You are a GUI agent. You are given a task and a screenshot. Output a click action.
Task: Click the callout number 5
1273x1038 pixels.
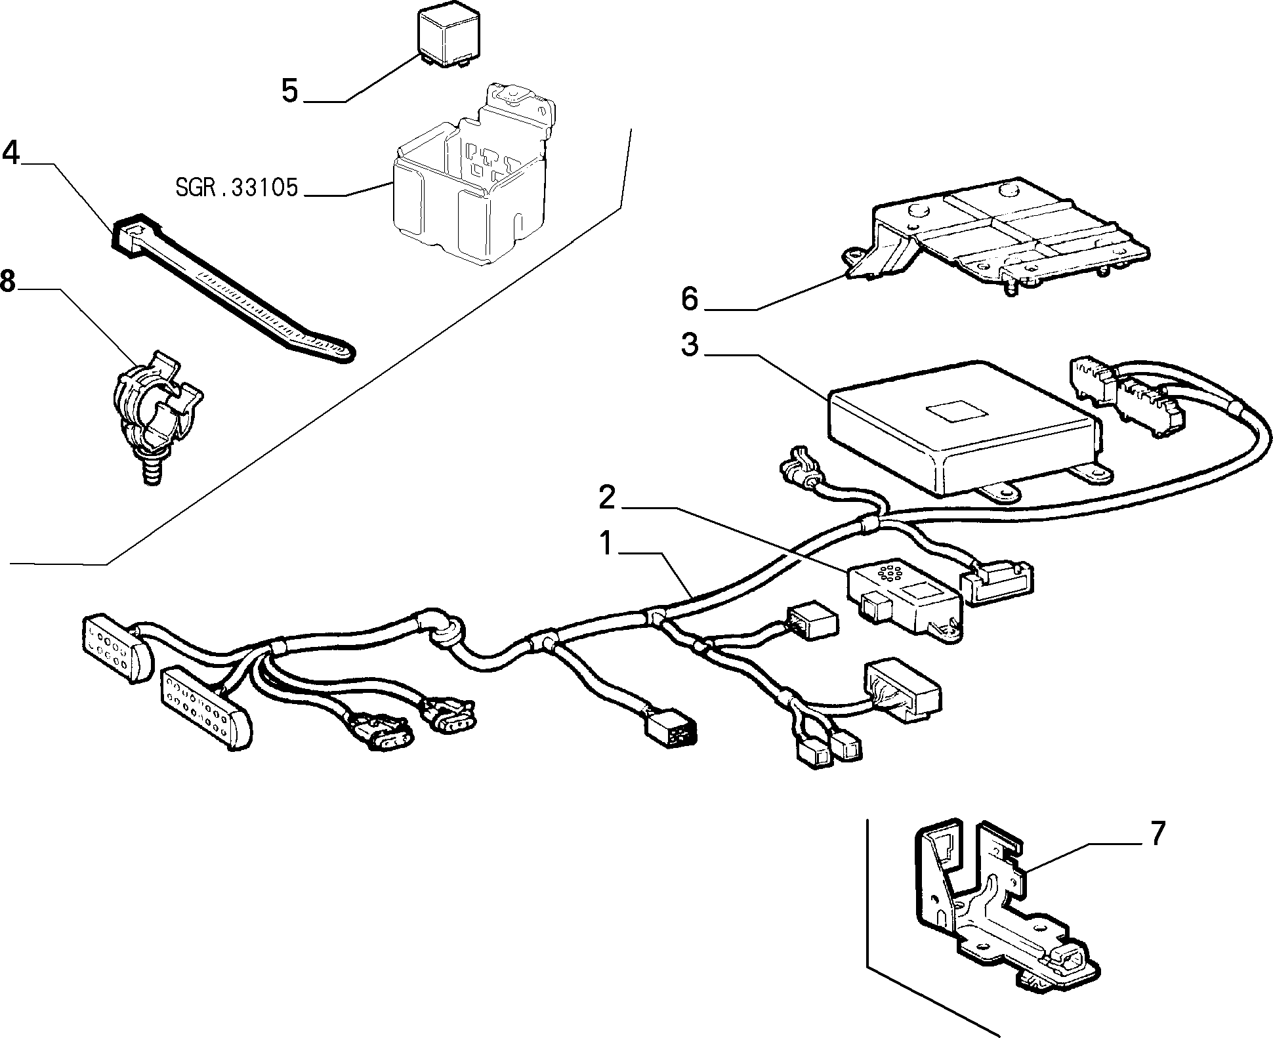pyautogui.click(x=289, y=91)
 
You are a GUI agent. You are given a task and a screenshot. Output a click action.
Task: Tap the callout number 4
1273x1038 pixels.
pyautogui.click(x=11, y=154)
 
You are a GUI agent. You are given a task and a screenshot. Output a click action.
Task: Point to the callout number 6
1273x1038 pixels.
pyautogui.click(x=690, y=299)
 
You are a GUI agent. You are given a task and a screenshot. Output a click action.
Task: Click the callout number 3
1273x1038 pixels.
pyautogui.click(x=690, y=345)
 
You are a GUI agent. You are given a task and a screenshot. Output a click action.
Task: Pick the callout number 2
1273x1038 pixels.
pyautogui.click(x=607, y=499)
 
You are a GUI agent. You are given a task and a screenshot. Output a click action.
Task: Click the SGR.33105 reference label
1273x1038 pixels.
pyautogui.click(x=237, y=188)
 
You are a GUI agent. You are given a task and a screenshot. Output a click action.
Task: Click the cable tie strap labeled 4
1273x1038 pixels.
pyautogui.click(x=233, y=286)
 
